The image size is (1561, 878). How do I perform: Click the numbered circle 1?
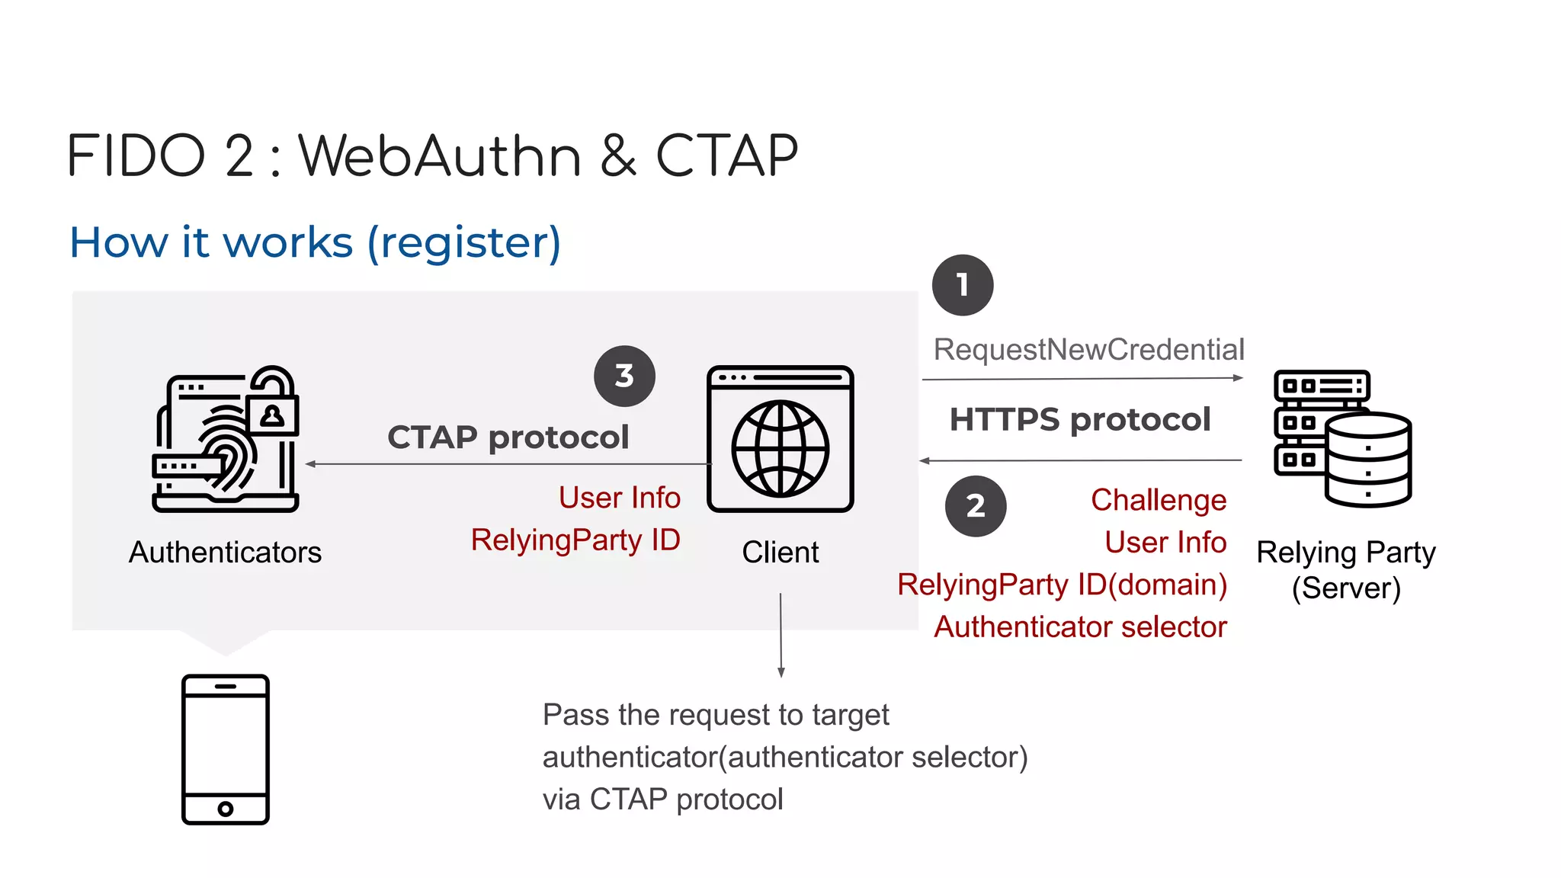(963, 285)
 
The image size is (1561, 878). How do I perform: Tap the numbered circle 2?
(976, 506)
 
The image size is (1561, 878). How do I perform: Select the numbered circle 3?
(624, 376)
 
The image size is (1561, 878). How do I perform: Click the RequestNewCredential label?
(1088, 349)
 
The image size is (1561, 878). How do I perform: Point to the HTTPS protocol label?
(1079, 419)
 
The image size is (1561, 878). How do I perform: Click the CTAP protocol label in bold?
(508, 437)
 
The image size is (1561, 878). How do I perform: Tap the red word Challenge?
(1159, 500)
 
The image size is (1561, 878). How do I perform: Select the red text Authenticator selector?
(1080, 626)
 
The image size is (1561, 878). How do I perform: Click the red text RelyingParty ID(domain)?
(1062, 585)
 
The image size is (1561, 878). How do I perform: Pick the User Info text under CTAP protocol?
(619, 498)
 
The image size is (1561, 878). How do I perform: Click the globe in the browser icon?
(780, 448)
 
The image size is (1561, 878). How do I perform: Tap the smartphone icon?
(226, 749)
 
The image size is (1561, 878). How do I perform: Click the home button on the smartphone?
(226, 809)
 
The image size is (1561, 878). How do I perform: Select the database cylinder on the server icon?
(1368, 459)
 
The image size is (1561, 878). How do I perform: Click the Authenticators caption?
(225, 552)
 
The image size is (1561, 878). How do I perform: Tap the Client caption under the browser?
(780, 552)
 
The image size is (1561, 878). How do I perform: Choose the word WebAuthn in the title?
(440, 155)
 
